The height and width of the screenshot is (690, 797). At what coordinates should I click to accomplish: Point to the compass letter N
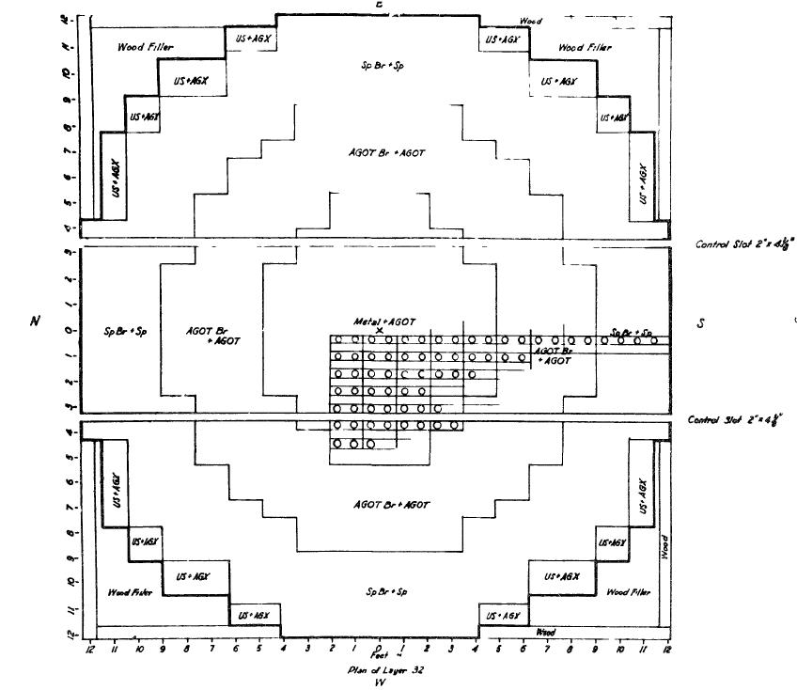35,320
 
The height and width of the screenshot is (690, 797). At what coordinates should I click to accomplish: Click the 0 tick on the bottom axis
378,647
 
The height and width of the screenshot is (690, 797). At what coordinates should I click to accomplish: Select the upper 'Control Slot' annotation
743,243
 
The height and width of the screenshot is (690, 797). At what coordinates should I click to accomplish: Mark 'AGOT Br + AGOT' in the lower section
391,505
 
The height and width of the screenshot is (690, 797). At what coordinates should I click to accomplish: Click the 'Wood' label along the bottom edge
545,633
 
